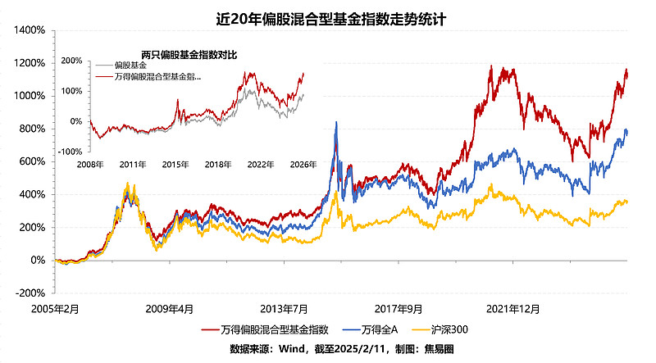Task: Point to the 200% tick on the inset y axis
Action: tap(71, 61)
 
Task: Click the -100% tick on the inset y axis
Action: tap(70, 152)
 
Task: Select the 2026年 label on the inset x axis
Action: tap(303, 165)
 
